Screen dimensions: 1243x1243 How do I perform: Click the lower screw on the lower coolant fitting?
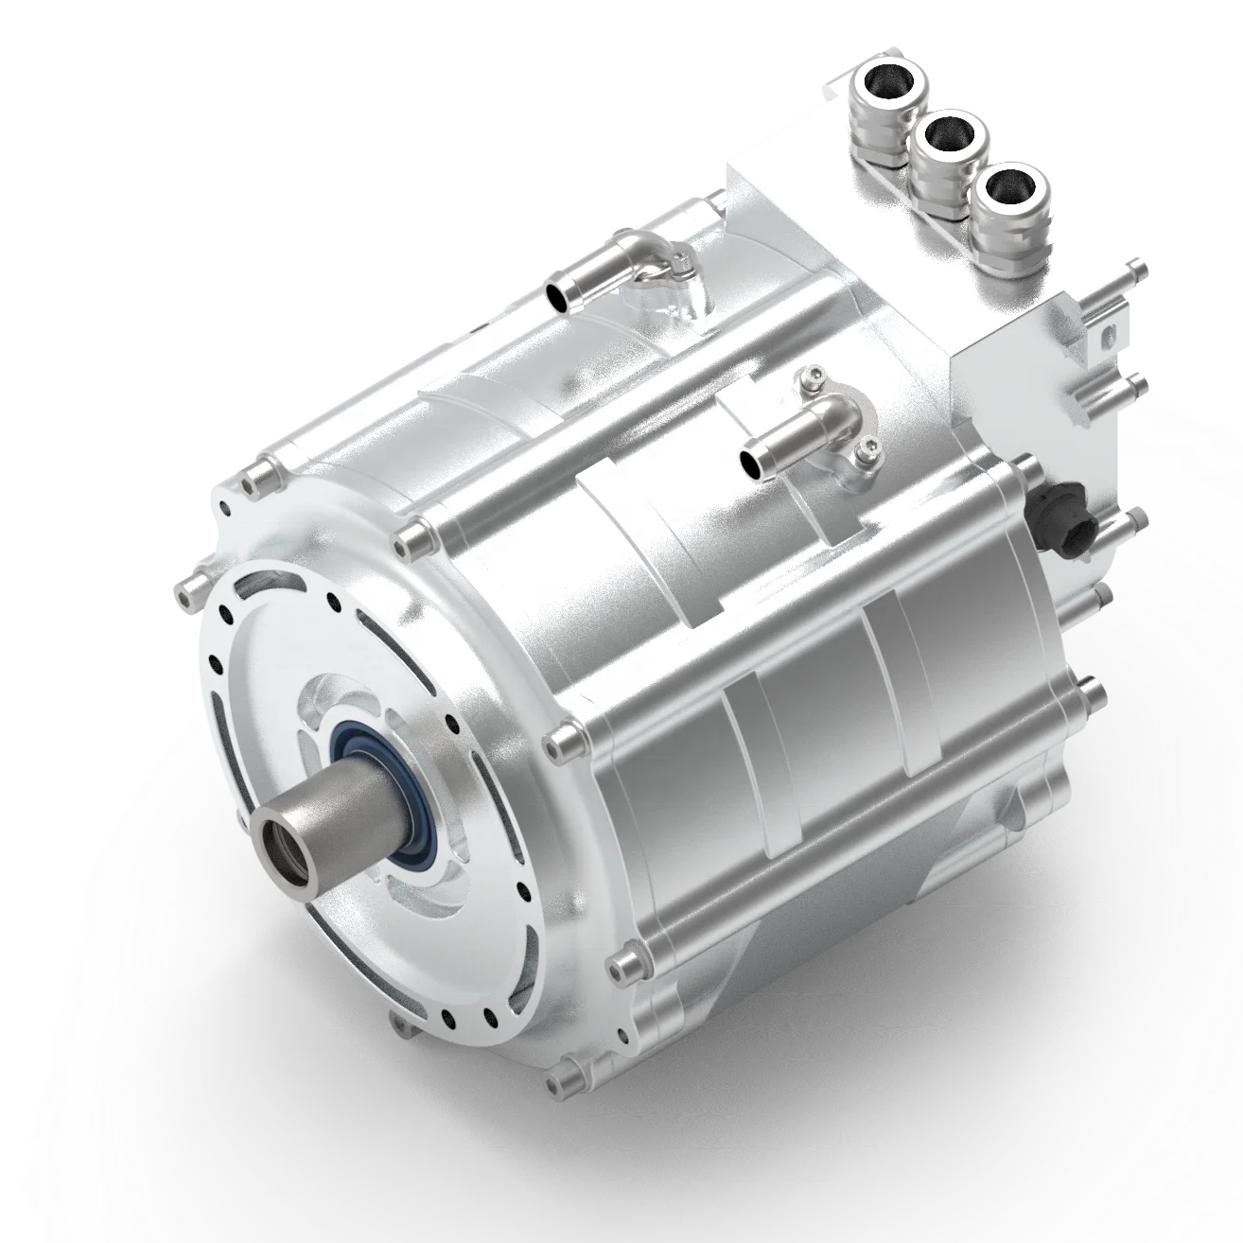point(863,457)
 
